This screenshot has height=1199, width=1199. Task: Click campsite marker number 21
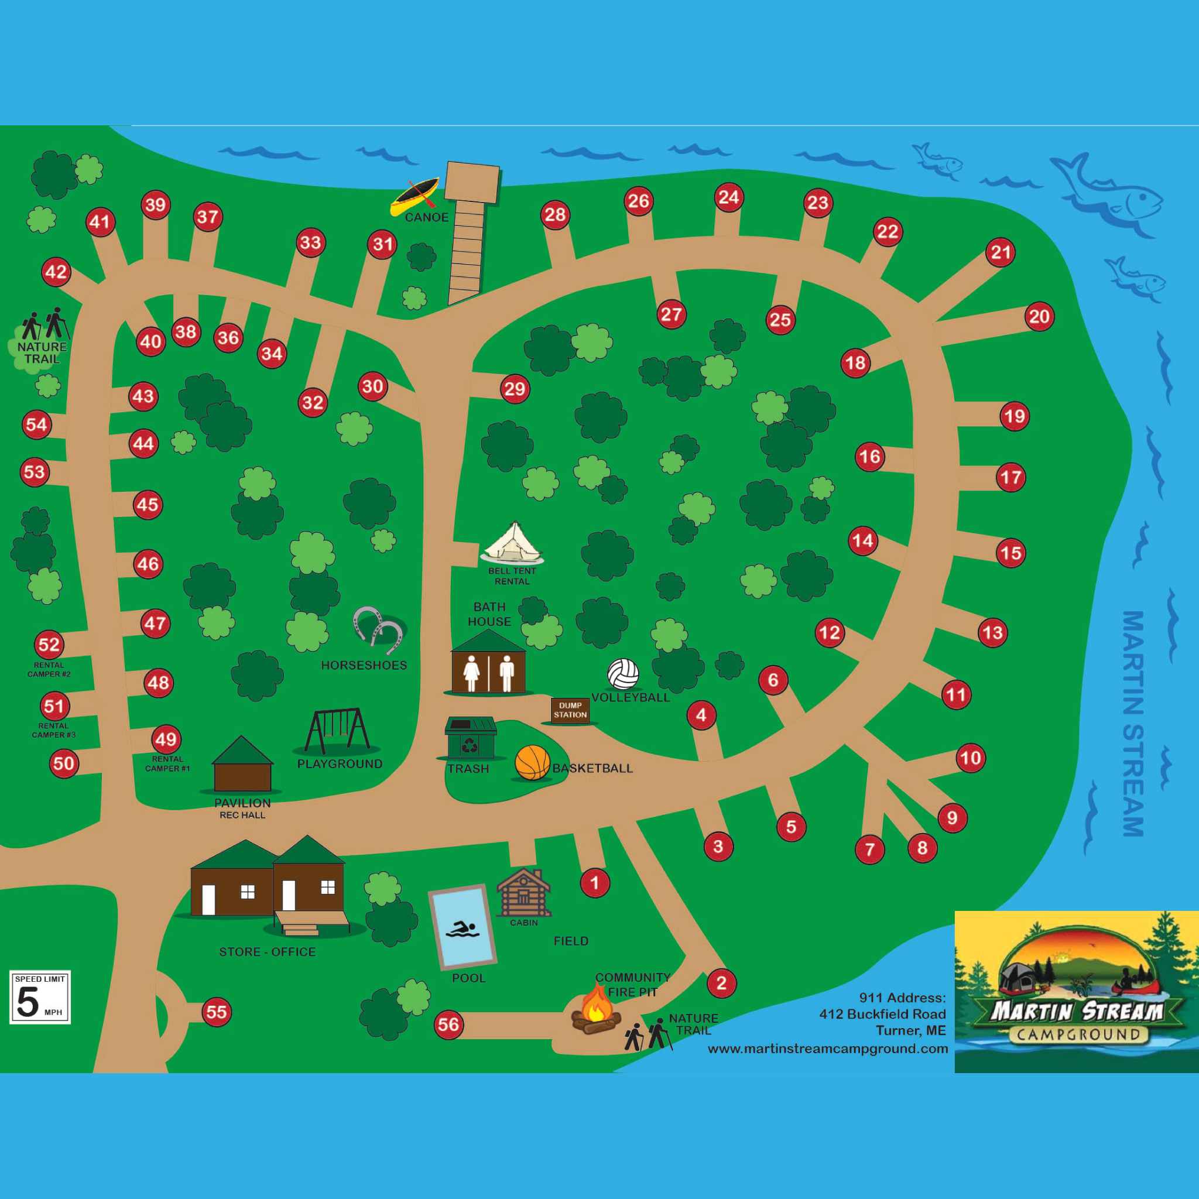1001,252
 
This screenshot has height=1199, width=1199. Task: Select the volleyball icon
623,674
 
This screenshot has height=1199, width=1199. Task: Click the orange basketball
533,763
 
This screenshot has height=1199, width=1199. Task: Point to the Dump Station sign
570,710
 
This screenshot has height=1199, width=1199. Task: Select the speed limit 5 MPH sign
40,997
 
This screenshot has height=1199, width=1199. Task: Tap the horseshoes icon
378,629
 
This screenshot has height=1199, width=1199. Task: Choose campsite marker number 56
448,1024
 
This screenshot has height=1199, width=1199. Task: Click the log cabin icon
524,893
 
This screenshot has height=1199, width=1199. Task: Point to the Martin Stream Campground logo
1076,992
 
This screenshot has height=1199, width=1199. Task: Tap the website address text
828,1049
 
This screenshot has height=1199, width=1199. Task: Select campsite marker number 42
56,272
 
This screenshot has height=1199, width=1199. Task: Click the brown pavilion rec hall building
242,767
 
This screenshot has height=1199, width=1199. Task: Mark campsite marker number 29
515,389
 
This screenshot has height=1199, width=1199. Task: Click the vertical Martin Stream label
1133,723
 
